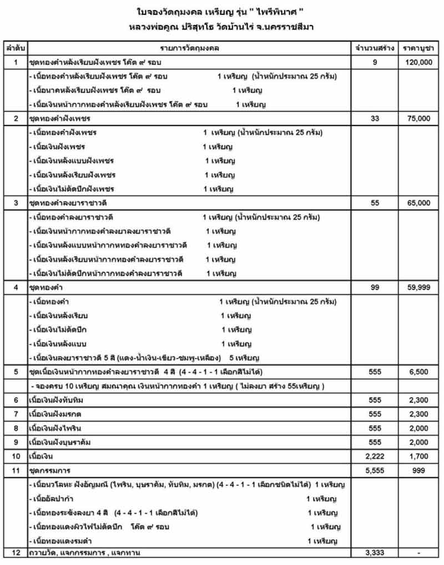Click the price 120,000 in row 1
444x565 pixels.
[418, 63]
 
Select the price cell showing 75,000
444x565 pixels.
[418, 119]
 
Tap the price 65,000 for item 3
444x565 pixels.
[418, 203]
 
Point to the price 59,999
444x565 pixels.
[418, 287]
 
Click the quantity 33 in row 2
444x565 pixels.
[375, 119]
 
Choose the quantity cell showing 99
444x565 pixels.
[375, 287]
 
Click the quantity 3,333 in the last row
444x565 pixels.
[375, 553]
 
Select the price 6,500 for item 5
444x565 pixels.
[418, 372]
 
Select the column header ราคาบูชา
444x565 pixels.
[418, 49]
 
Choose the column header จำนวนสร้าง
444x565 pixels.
[375, 49]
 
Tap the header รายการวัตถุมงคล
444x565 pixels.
[189, 49]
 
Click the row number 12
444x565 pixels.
[15, 553]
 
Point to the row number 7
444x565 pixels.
[15, 413]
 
